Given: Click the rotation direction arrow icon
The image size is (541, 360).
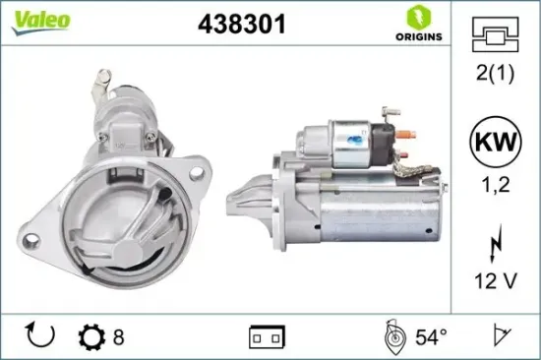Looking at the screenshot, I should point(40,337).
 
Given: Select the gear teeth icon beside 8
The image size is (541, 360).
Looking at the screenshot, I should point(90,337).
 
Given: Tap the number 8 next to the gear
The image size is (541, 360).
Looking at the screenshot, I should point(118,337).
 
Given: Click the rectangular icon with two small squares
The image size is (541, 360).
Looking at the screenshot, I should point(269,337).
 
